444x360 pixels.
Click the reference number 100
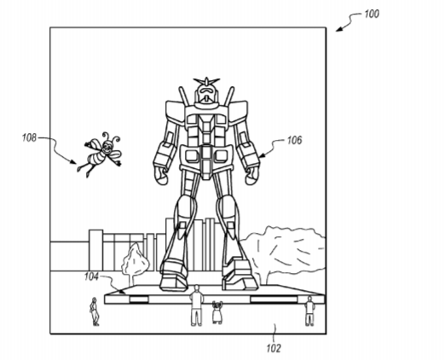click(372, 14)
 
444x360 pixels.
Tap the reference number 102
click(274, 348)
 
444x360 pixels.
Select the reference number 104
click(91, 276)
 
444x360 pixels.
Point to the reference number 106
click(294, 140)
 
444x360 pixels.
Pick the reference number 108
click(30, 137)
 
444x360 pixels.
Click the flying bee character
click(101, 153)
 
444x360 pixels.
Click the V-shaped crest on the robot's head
click(206, 81)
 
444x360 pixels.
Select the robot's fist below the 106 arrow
click(252, 176)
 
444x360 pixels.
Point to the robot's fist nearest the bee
click(161, 176)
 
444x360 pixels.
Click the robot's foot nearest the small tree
click(174, 274)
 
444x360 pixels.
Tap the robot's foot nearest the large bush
click(239, 274)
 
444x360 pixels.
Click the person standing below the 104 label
click(94, 311)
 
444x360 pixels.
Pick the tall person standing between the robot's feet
click(196, 305)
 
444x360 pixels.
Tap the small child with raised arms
click(217, 312)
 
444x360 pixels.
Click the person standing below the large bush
click(309, 311)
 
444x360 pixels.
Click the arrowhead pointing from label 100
click(338, 29)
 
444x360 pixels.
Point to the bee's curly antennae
click(112, 136)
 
